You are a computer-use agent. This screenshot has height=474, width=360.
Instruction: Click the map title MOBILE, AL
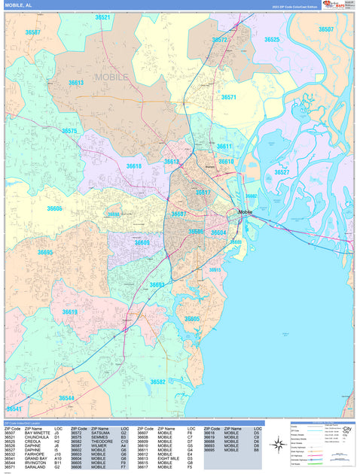(18, 5)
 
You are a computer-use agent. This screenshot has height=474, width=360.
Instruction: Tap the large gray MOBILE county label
(111, 77)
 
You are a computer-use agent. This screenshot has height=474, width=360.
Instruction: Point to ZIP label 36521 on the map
(102, 17)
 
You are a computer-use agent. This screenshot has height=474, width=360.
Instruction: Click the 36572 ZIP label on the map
(219, 40)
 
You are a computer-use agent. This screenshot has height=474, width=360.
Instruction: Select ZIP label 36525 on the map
(271, 40)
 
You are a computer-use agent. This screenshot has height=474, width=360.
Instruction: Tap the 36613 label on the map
(76, 83)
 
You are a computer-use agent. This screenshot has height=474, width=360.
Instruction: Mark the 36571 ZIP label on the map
(228, 97)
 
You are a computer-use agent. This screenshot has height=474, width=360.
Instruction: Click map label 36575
(69, 131)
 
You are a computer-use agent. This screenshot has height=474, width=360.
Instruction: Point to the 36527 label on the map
(282, 172)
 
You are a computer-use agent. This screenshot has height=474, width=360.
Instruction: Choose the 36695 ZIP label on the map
(45, 253)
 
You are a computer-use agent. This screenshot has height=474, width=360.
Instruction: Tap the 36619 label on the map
(69, 311)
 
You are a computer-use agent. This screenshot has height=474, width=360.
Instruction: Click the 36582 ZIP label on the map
(157, 381)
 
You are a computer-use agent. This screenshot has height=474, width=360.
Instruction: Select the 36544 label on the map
(66, 397)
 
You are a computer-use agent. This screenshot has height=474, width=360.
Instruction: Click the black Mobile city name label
(246, 212)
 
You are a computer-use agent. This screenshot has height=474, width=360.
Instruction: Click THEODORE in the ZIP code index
(102, 441)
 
